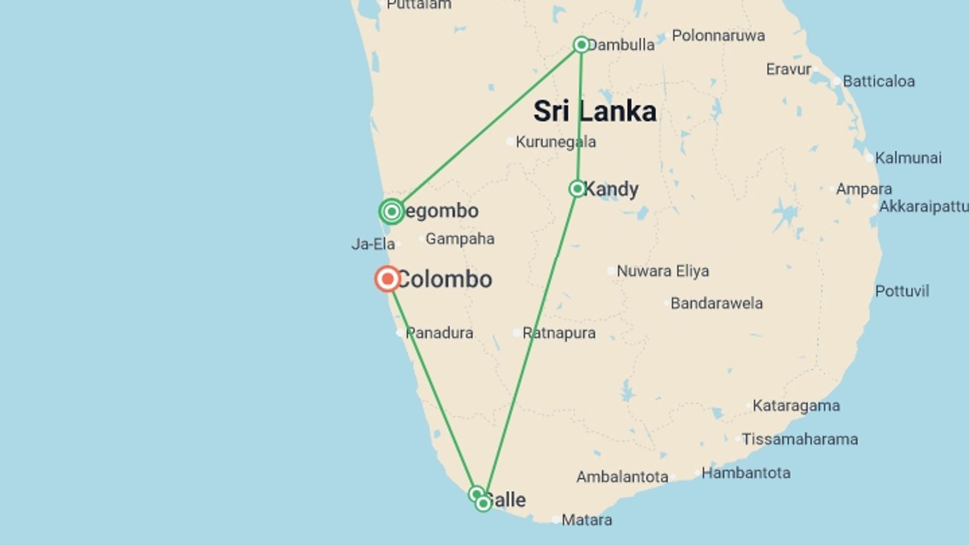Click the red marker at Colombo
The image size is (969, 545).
coord(388,279)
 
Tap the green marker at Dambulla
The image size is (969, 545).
coord(581,44)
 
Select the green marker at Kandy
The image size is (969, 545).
coord(577,189)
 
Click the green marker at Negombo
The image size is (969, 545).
coord(392,211)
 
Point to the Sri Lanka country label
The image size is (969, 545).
coord(595,111)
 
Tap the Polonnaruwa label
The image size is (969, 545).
coord(718,36)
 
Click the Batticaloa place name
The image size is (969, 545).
coord(878,81)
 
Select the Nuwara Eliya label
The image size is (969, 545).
coord(662,271)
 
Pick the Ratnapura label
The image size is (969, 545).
coord(559,333)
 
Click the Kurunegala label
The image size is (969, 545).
coord(555,142)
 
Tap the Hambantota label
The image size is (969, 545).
coord(745,473)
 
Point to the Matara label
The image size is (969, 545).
coord(586,520)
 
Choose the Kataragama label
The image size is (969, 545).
coord(796,406)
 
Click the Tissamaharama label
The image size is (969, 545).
coord(799,439)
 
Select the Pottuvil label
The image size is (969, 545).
coord(902,291)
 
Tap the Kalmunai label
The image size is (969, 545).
coord(908,158)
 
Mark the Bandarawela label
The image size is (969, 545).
coord(716,303)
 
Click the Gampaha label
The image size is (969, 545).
coord(460,239)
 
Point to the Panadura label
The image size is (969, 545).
coord(439,333)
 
